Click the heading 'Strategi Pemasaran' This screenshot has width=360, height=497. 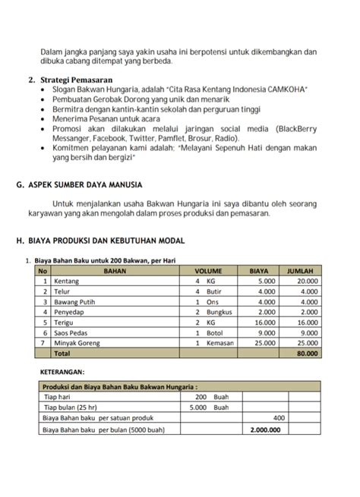(x=78, y=79)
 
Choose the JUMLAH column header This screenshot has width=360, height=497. (x=303, y=270)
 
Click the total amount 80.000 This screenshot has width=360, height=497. (x=307, y=354)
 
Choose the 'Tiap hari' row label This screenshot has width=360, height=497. (x=58, y=397)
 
